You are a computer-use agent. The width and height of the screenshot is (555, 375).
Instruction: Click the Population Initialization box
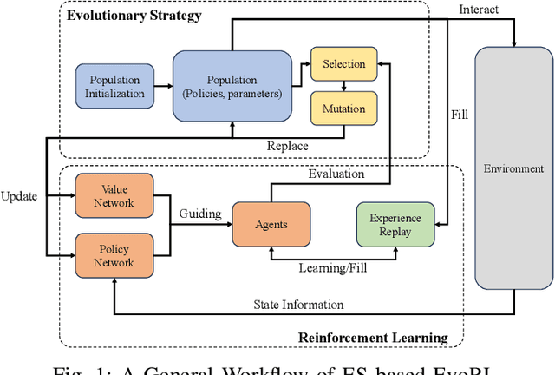[x=114, y=86]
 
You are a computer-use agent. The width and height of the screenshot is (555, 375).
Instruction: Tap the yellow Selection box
[x=343, y=64]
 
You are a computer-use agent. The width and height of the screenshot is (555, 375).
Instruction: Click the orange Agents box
[x=271, y=223]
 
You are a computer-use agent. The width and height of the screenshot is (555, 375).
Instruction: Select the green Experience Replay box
[x=395, y=225]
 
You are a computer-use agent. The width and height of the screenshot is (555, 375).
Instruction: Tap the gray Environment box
[x=513, y=168]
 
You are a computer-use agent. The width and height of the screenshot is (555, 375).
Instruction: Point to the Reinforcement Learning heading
[x=373, y=337]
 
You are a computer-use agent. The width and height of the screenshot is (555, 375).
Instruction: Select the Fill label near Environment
[x=460, y=114]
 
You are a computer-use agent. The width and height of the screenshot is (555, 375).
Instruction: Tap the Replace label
[x=287, y=146]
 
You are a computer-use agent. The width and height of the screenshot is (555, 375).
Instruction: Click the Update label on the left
[x=19, y=196]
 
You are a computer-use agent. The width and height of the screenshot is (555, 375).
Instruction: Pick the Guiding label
[x=199, y=214]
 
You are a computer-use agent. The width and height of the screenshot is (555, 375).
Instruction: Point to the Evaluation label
[x=336, y=174]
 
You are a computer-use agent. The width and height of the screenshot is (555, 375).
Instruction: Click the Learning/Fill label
[x=333, y=268]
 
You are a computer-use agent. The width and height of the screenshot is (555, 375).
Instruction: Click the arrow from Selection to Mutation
[x=343, y=85]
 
